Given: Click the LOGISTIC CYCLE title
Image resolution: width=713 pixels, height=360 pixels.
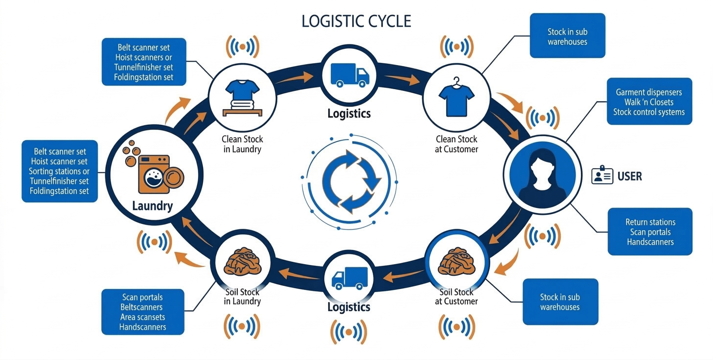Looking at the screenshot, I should [356, 21].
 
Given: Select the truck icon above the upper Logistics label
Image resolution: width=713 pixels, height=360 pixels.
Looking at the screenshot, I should [350, 75].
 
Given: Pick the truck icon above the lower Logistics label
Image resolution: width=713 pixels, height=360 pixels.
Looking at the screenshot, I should [350, 278].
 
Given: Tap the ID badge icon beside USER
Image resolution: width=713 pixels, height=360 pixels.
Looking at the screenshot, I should [602, 176].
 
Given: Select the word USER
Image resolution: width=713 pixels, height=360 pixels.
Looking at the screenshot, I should [629, 176].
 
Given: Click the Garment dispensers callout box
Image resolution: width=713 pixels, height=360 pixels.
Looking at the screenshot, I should [649, 102].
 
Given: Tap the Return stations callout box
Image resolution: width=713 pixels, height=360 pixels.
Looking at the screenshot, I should [650, 232].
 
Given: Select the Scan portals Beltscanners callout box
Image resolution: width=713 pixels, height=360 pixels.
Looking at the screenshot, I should [142, 312].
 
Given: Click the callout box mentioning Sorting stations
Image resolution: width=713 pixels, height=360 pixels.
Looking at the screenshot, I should [60, 171].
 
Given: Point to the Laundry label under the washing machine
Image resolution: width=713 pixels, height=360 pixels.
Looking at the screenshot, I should [152, 206].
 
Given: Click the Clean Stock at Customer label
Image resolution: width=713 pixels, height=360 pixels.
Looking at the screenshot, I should [456, 144].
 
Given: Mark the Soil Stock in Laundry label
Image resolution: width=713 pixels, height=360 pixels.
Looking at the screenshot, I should [242, 297].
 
